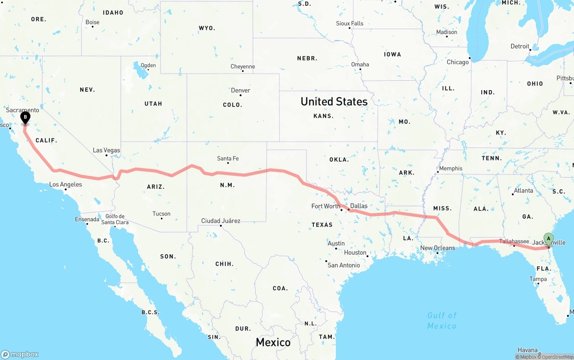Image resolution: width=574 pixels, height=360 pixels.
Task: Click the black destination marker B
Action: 26,117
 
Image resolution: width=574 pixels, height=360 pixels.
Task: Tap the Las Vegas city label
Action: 106,150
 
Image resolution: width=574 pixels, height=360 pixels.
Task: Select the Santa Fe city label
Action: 228,158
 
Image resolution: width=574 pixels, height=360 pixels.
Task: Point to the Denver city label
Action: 240,90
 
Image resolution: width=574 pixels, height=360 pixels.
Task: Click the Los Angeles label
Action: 65,184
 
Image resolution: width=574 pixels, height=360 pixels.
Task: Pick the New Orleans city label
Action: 437,248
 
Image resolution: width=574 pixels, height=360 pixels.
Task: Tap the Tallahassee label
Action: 514,241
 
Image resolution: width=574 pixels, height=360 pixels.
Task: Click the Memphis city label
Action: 451,168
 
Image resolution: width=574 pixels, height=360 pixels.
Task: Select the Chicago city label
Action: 457,62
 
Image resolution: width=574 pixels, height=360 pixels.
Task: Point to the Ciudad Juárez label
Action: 221,221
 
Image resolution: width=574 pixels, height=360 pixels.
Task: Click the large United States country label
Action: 334,102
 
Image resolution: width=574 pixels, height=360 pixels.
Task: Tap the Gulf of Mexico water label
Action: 442,321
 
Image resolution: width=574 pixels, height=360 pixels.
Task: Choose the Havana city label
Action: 527,350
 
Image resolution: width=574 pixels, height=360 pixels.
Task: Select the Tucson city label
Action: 161,213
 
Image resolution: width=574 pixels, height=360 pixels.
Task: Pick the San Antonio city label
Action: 344,265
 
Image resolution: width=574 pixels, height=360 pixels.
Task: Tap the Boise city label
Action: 92,22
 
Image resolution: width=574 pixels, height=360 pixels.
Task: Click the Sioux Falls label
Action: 350,23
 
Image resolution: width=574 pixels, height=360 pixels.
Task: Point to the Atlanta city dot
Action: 513,194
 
